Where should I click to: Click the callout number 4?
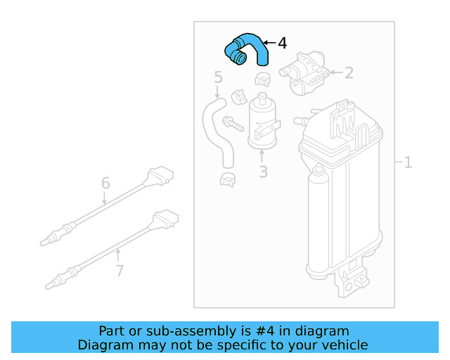coord(282,43)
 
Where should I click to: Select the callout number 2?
coord(349,72)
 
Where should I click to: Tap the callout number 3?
coord(263,171)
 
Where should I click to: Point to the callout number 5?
coord(218,77)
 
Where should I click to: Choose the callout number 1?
coord(407,162)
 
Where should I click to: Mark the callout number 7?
coord(119,270)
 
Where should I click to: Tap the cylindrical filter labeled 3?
coord(262,121)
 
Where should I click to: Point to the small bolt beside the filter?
coord(233,124)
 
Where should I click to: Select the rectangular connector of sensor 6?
coord(160,175)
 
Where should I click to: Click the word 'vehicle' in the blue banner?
coord(345,345)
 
